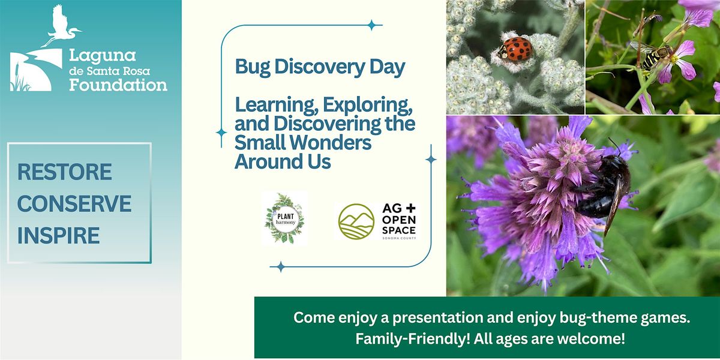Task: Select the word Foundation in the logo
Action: [118, 85]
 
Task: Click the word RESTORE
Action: [65, 172]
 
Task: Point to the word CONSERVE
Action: [74, 203]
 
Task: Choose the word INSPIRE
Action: [59, 235]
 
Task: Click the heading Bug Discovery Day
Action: [320, 67]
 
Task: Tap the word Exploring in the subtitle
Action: [368, 106]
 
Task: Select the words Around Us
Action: [283, 161]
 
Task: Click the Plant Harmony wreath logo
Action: [284, 218]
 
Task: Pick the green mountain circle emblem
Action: [356, 221]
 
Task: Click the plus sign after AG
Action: [410, 208]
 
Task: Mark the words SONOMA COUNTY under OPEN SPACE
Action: [399, 238]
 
